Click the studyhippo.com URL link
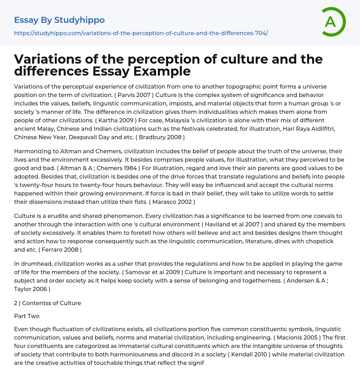pyautogui.click(x=141, y=33)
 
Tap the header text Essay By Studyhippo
pyautogui.click(x=59, y=20)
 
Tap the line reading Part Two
pyautogui.click(x=27, y=316)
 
